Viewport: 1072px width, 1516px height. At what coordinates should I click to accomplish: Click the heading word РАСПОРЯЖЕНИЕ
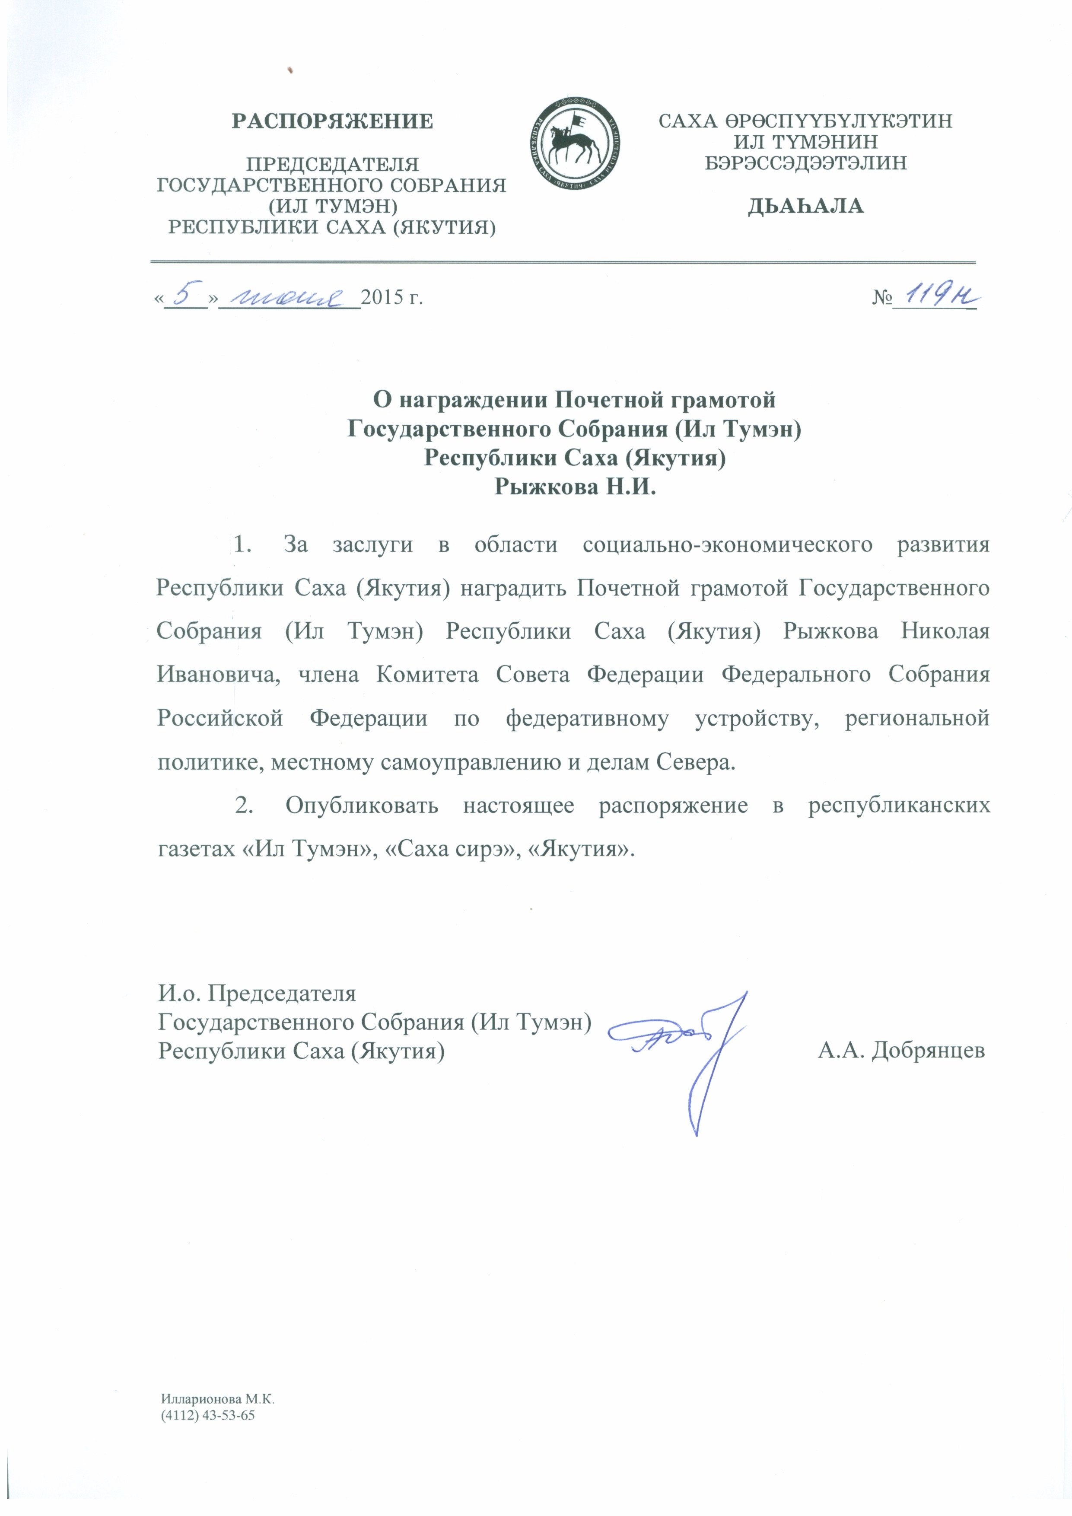[332, 121]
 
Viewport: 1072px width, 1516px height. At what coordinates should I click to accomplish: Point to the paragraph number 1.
[243, 545]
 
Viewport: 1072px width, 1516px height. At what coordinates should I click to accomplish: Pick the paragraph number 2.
[244, 806]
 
